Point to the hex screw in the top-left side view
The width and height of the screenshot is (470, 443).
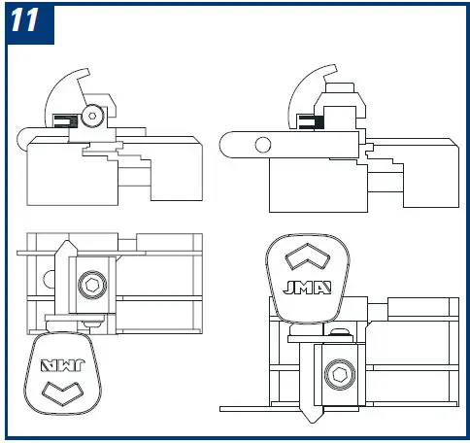(92, 115)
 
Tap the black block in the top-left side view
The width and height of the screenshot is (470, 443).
(65, 121)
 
